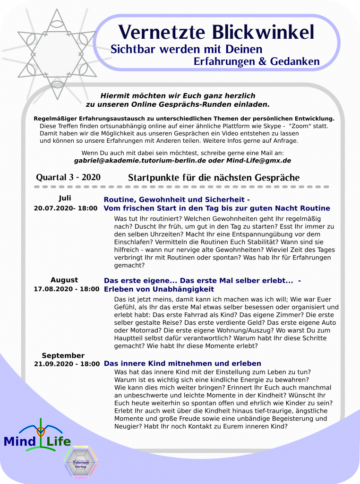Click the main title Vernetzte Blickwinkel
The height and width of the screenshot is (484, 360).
(x=216, y=32)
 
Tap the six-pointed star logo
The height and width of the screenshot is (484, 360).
(x=57, y=54)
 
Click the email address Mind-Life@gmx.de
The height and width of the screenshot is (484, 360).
(x=265, y=161)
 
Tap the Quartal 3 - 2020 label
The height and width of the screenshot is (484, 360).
(x=68, y=177)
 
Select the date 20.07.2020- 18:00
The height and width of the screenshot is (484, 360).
(x=66, y=208)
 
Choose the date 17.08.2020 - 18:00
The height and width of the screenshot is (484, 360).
(x=67, y=289)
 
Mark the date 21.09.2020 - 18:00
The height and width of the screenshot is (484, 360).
(x=67, y=364)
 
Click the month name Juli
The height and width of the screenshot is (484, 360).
(x=65, y=198)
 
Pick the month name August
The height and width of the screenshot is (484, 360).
(x=64, y=280)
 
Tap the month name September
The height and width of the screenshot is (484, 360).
(x=63, y=355)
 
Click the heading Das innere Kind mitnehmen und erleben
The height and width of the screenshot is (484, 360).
(x=182, y=363)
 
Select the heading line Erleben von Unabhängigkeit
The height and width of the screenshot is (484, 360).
(x=159, y=289)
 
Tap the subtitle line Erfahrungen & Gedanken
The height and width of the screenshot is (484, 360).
(x=257, y=62)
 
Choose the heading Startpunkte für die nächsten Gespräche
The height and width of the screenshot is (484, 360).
(x=214, y=178)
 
